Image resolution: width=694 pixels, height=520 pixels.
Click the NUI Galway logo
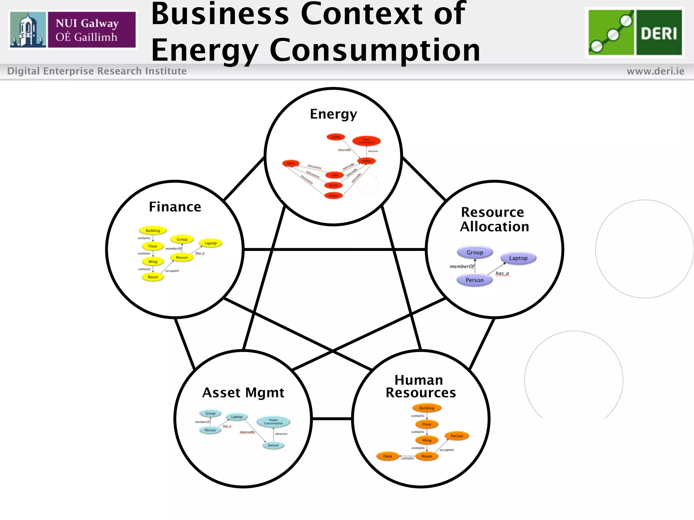point(73,29)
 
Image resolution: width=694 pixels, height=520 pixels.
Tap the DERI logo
point(635,32)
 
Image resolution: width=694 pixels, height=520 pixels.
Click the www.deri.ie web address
point(655,71)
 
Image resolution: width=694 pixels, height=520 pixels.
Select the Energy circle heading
point(333,114)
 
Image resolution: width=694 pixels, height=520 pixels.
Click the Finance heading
point(175,207)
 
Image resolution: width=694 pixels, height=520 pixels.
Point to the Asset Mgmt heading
point(243,393)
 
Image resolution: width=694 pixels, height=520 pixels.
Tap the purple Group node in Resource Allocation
point(475,253)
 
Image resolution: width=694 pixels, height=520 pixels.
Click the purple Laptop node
point(518,258)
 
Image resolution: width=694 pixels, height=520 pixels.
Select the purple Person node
point(474,280)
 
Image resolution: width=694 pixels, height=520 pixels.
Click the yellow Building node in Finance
point(153,231)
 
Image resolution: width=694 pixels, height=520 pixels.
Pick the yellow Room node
point(153,277)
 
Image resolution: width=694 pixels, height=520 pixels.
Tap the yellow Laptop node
point(210,243)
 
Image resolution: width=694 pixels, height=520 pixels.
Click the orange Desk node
point(387,456)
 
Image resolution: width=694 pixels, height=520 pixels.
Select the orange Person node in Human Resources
point(457,436)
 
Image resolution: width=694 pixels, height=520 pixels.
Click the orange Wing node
point(427,440)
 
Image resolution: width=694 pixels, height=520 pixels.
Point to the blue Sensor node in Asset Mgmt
point(273,446)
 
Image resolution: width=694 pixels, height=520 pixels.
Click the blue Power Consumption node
point(273,422)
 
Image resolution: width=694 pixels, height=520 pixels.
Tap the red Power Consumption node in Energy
point(366,141)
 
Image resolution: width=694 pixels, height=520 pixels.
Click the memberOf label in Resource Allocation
point(462,266)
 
